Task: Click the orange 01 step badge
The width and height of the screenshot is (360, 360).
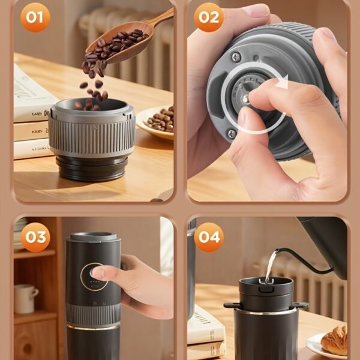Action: click(x=35, y=17)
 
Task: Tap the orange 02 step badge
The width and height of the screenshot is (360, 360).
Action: click(x=209, y=17)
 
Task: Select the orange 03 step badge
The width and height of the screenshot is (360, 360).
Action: click(x=35, y=237)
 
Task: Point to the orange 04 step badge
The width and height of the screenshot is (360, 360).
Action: click(x=209, y=237)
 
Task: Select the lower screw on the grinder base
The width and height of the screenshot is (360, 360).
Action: click(x=231, y=133)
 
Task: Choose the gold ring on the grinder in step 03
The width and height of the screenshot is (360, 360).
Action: click(x=92, y=327)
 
